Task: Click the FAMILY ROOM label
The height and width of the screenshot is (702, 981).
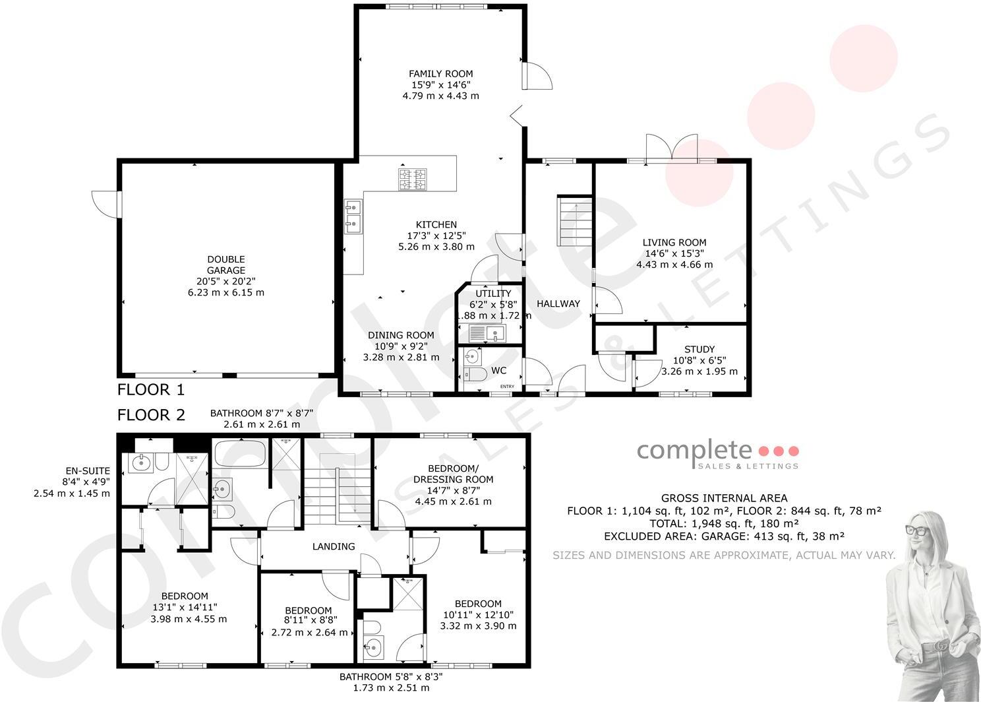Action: point(440,74)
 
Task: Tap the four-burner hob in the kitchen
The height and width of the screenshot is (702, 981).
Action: point(412,179)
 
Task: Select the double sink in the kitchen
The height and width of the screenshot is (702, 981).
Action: point(353,216)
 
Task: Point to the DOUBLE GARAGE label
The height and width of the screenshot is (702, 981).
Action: point(226,265)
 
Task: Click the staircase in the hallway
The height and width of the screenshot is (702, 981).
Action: point(575,221)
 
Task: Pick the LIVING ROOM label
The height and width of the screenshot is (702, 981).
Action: point(674,242)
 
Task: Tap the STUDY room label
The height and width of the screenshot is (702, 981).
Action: point(699,349)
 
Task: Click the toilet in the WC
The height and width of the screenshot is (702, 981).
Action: point(474,375)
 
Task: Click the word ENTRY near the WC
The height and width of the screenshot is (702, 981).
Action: point(507,386)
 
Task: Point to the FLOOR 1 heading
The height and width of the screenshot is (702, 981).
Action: point(151,389)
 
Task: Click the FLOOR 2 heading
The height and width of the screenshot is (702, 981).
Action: point(151,414)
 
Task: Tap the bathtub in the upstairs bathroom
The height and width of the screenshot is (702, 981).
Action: point(239,454)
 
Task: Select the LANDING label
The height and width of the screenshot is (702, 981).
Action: point(334,546)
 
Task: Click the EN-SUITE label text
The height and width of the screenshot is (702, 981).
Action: point(88,470)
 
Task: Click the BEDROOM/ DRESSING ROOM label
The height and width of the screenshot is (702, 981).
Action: point(454,474)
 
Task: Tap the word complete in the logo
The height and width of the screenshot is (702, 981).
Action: point(694,450)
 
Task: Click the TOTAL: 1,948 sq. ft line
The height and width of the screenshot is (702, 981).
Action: point(724,523)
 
